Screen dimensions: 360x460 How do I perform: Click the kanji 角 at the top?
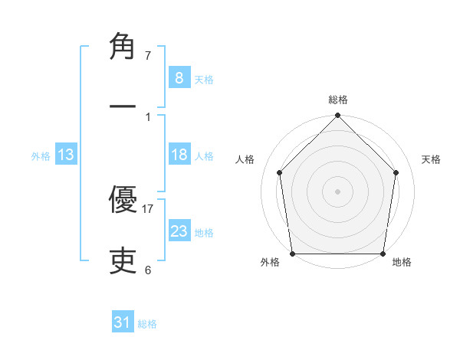tap(123, 47)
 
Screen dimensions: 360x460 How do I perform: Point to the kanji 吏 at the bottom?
tap(123, 261)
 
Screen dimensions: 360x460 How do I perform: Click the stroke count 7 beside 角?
tap(148, 56)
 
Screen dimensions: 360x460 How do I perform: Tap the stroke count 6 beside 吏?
tap(148, 270)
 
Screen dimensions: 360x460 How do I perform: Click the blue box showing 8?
tap(179, 77)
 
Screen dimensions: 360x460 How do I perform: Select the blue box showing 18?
tap(179, 155)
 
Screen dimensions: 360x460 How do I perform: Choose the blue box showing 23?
tap(179, 231)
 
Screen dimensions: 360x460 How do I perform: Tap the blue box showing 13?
tap(66, 155)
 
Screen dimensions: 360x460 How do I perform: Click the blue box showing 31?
tap(123, 322)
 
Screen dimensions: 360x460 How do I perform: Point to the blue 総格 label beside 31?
tap(147, 324)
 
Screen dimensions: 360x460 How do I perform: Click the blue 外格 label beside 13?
tap(41, 156)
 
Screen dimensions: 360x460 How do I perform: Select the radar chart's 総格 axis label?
tap(338, 100)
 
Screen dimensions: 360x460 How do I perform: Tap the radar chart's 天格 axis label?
tap(431, 159)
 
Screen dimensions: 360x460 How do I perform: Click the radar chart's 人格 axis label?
tap(245, 159)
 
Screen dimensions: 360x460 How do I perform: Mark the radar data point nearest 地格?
tap(383, 254)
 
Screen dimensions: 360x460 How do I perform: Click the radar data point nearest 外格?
tap(292, 253)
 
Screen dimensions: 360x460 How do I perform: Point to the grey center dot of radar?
tap(337, 191)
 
